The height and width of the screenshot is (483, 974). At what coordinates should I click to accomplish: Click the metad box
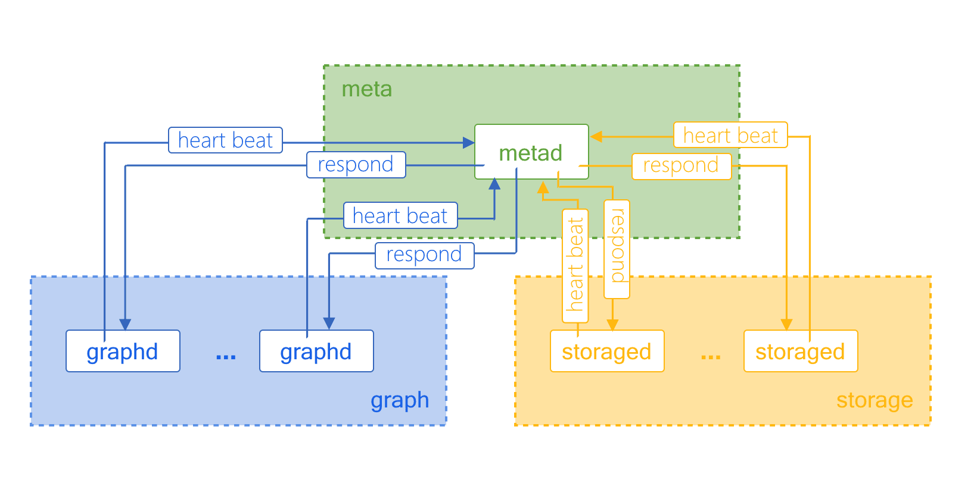(531, 152)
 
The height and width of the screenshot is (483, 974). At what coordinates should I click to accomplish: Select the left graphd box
(123, 352)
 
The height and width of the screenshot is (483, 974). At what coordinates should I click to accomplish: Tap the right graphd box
(316, 352)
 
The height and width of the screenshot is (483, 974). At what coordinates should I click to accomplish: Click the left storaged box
(606, 352)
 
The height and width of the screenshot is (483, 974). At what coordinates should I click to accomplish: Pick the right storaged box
(800, 352)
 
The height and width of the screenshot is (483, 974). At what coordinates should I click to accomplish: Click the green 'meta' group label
(366, 89)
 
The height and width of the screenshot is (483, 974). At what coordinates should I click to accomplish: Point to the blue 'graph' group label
(399, 400)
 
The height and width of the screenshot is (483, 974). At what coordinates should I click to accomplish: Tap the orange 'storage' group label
(874, 400)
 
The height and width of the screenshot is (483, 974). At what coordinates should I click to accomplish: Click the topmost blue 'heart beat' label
(225, 140)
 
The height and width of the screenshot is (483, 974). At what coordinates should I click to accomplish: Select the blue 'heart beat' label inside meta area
(400, 215)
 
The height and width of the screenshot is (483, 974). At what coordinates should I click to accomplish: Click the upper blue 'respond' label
(356, 165)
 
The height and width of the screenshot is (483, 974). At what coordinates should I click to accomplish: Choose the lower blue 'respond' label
(424, 255)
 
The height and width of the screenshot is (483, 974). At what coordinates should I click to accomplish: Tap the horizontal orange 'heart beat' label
(730, 135)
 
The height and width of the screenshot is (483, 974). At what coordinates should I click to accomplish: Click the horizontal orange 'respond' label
(681, 165)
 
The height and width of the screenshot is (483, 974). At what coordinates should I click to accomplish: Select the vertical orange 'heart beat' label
(575, 265)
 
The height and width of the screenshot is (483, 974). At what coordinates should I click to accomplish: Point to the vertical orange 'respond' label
(617, 249)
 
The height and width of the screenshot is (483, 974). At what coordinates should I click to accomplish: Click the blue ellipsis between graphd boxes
(226, 356)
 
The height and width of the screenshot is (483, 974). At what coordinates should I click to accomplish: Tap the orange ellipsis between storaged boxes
(711, 356)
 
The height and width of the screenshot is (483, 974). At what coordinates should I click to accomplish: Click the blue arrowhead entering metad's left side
(468, 143)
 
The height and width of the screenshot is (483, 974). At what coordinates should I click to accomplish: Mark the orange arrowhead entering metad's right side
(596, 137)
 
